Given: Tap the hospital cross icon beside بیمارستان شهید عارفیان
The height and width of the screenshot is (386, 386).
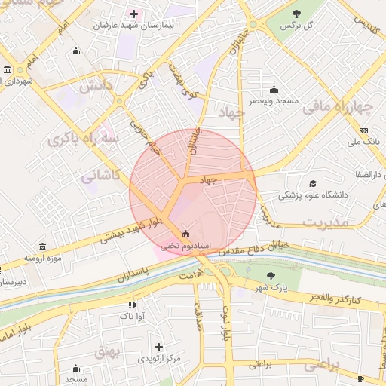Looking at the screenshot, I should click(x=134, y=14).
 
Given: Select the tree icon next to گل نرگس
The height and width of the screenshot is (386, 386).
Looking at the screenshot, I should click(x=296, y=13).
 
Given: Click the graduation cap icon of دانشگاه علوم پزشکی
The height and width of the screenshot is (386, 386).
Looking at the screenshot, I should click(x=312, y=183).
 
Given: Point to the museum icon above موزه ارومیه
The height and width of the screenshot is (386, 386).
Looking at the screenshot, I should click(x=41, y=247).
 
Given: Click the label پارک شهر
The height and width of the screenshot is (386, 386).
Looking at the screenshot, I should click(x=271, y=287).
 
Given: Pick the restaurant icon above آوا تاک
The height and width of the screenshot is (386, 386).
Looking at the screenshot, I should click(x=132, y=305).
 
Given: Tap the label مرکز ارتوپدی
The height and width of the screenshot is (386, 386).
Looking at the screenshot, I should click(x=158, y=358).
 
